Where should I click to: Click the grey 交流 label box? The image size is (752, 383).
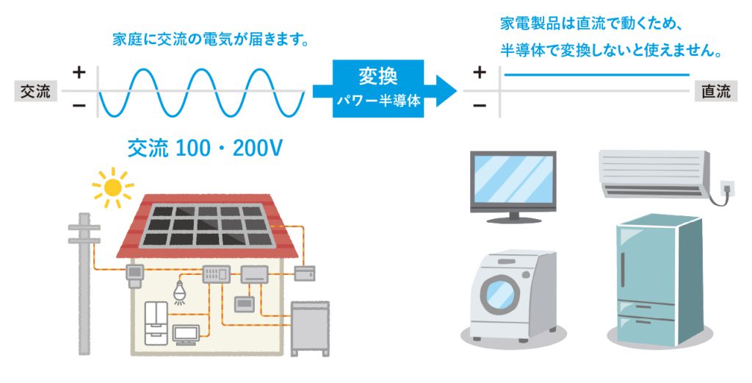click(x=35, y=91)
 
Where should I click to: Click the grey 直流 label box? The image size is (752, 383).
click(x=715, y=91)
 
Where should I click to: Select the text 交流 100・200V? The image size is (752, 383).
click(x=205, y=148)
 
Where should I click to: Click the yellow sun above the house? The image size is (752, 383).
click(x=113, y=187)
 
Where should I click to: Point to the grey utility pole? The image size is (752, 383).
click(x=84, y=283)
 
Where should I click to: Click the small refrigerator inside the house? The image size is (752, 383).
click(x=156, y=323)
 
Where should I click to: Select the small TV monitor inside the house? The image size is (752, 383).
click(x=186, y=334)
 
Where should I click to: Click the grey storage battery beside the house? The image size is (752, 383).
click(x=311, y=329)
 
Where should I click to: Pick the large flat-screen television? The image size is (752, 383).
click(x=513, y=187)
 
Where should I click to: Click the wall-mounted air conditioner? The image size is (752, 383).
click(x=654, y=173)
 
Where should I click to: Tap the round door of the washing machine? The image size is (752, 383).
click(x=499, y=294)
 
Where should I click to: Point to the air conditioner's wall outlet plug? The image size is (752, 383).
click(x=728, y=188)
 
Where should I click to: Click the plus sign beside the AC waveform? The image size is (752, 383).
click(x=79, y=73)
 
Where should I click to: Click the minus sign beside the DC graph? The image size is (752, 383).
click(x=480, y=105)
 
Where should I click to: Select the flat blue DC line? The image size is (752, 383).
click(x=597, y=75)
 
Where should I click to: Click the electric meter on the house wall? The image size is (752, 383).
click(x=135, y=276)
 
